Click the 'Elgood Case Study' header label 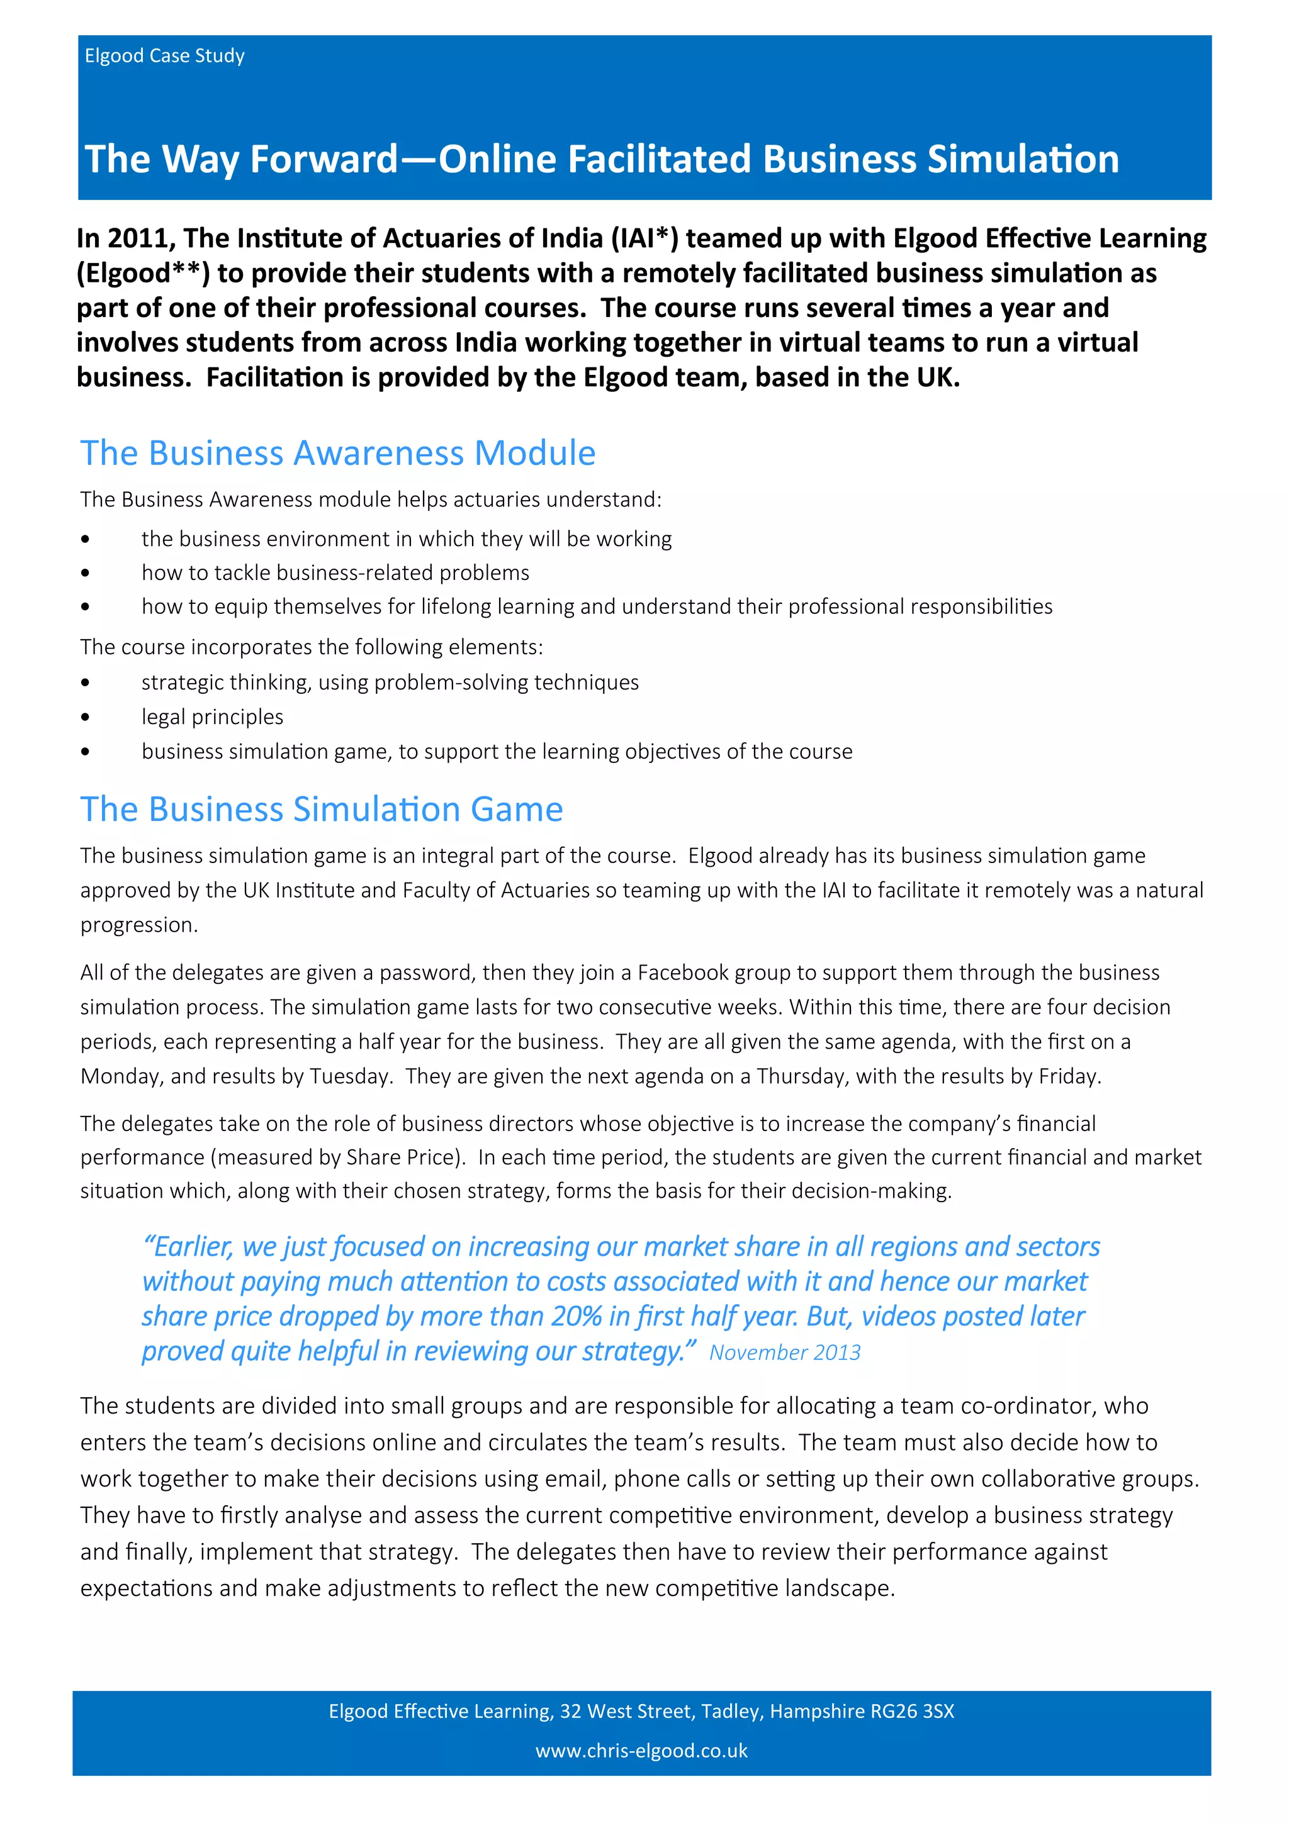[x=164, y=55]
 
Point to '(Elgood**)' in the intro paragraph [x=143, y=273]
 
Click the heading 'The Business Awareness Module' [x=337, y=454]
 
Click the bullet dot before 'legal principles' [x=85, y=717]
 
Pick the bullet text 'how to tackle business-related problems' [x=335, y=572]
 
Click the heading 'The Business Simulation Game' [x=322, y=809]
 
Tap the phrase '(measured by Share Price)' [x=337, y=1157]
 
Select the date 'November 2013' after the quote [x=785, y=1353]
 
